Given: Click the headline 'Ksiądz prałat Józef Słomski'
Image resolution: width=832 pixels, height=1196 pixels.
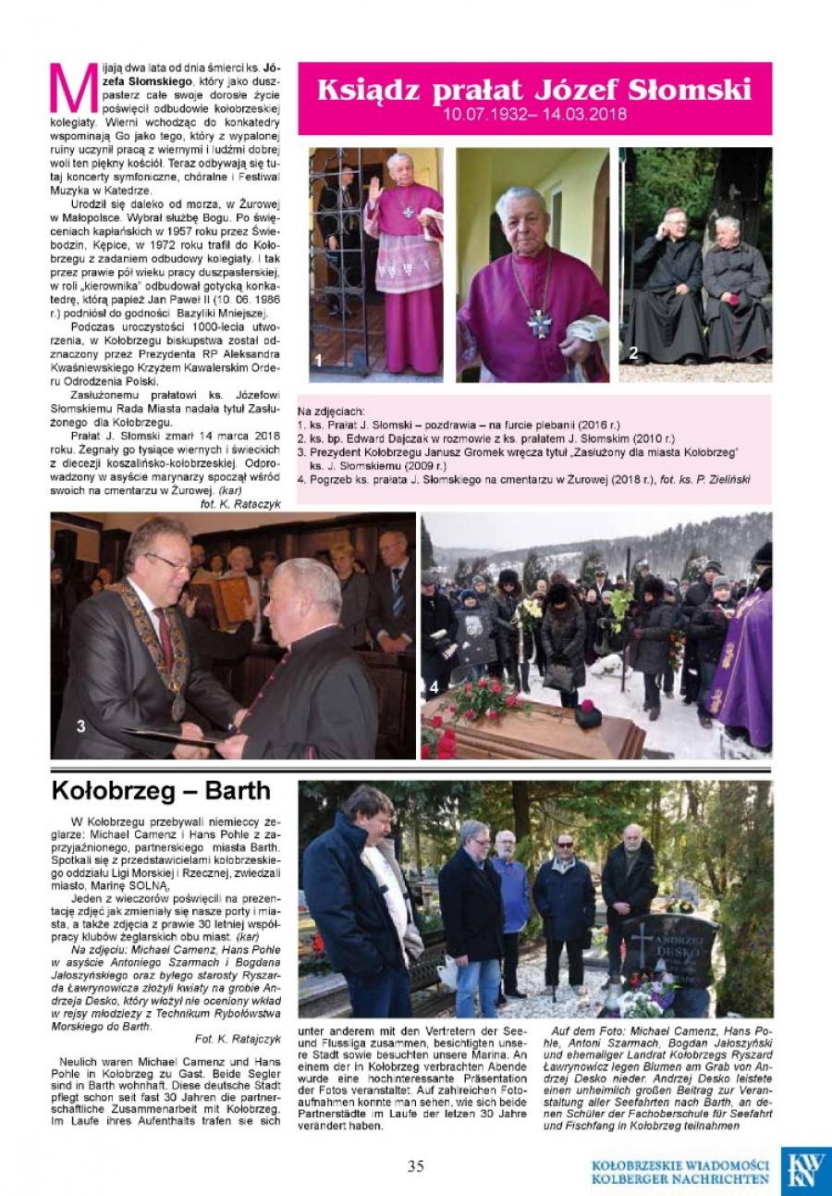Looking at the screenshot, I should (533, 90).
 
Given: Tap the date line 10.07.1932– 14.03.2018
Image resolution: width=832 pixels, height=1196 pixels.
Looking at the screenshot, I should (534, 116).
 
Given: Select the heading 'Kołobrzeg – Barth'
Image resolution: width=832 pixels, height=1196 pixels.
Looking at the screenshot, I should (162, 791).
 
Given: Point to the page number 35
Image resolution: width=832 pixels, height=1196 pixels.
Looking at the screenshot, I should (415, 1165).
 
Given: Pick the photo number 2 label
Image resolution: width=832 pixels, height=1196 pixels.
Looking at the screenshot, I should (633, 351).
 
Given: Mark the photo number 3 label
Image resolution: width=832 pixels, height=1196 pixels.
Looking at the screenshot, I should (81, 726).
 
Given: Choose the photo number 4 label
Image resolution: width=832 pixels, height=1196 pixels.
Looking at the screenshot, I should (434, 687).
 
